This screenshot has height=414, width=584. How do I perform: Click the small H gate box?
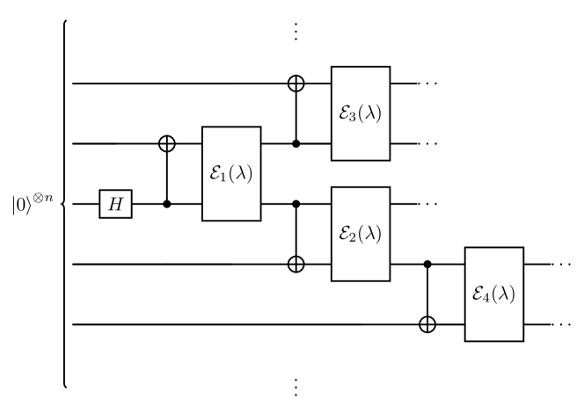pos(115,205)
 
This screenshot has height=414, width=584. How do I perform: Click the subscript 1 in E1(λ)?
pos(224,177)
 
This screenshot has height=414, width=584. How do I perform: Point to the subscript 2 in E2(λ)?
pos(354,237)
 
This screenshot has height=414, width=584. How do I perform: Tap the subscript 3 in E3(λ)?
pos(354,117)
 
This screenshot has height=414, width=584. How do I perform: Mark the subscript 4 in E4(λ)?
pos(487,298)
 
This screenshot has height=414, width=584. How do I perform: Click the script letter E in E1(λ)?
pos(215,173)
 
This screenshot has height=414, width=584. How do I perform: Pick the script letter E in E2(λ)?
pos(344,233)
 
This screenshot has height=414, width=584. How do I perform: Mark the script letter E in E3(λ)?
pos(344,113)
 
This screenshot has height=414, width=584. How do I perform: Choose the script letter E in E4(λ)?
pos(478,294)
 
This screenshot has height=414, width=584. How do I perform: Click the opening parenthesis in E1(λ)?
pos(232,173)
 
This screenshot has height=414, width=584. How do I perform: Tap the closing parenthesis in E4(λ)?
pos(512,294)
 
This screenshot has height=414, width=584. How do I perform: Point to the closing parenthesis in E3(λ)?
pos(378,113)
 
